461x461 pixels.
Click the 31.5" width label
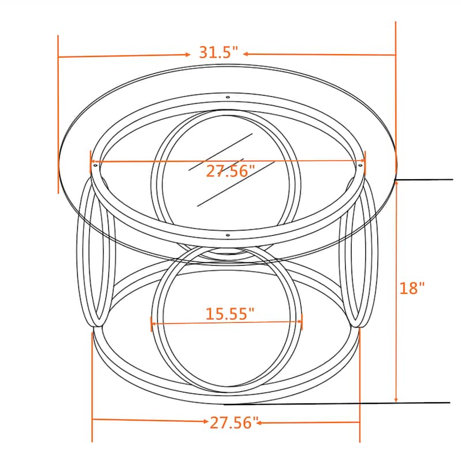click(218, 52)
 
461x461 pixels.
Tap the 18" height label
click(412, 288)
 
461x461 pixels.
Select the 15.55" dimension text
click(230, 314)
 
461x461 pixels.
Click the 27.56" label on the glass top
click(230, 171)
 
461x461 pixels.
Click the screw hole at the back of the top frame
click(228, 97)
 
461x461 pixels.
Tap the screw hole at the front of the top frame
click(228, 235)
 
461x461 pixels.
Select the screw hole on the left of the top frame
click(95, 165)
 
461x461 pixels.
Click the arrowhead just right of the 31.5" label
click(245, 54)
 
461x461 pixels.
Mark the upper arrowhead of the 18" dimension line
click(396, 183)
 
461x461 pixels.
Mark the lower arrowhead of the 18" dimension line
click(396, 398)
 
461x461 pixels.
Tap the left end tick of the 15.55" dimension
click(151, 323)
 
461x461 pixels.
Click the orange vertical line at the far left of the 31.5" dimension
click(58, 115)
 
